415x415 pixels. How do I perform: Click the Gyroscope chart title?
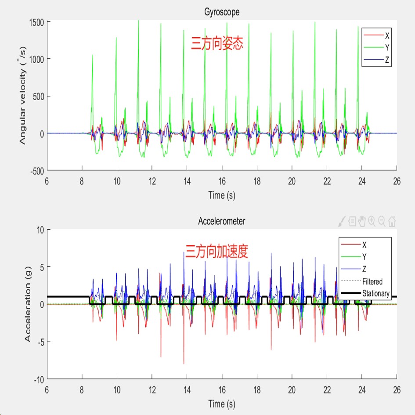coord(222,12)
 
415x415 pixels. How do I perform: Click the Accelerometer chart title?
coord(222,221)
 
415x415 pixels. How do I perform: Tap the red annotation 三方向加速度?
coord(217,252)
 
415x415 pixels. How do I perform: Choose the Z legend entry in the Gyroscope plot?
coord(387,60)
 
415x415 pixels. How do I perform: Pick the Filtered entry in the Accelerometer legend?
coord(372,281)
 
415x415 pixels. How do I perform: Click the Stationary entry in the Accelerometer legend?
coord(376,293)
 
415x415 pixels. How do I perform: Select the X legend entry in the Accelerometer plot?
coord(364,245)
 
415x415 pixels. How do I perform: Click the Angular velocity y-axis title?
coord(23,96)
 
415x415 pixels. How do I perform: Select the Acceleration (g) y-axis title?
coord(28,305)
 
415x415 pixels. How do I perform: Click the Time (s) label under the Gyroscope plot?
coord(222,195)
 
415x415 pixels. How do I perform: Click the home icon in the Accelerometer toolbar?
coord(392,222)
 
